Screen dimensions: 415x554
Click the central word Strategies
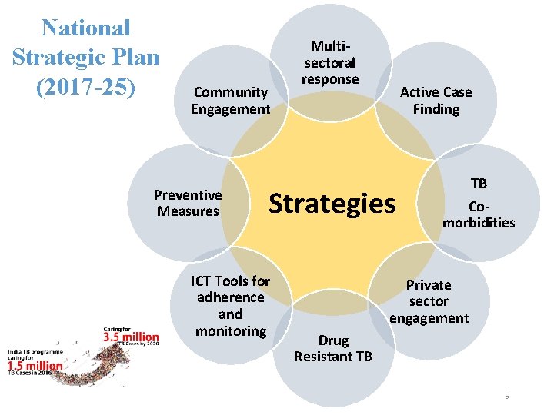332,204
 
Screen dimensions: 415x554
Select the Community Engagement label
230,101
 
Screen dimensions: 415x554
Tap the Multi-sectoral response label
330,63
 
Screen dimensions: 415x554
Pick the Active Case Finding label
436,101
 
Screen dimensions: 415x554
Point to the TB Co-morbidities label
479,204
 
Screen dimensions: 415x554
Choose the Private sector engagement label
429,301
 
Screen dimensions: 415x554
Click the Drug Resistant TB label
333,348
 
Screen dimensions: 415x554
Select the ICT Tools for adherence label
230,306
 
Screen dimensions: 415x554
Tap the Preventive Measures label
188,203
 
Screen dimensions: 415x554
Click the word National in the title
86,28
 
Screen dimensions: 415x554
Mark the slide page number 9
507,396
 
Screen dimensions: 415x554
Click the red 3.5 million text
132,337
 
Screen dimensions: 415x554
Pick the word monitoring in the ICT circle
230,331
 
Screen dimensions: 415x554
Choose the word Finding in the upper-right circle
436,109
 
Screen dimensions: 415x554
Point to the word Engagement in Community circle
230,109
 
